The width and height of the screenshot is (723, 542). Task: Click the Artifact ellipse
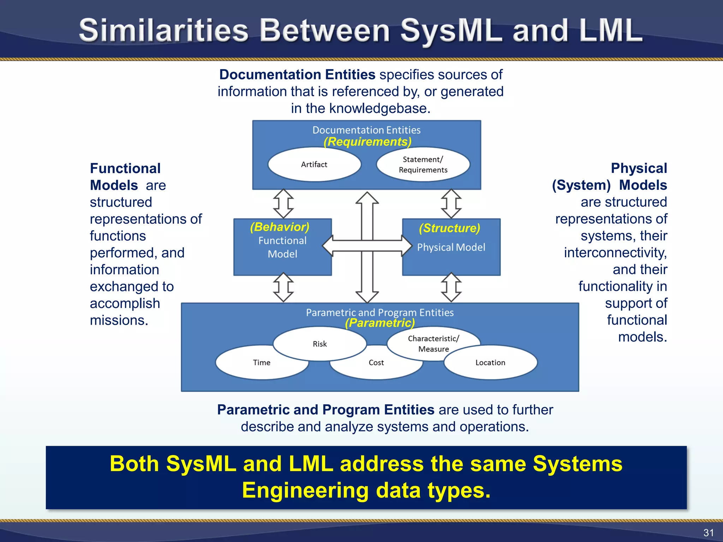[314, 164]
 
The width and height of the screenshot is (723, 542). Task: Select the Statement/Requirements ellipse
[423, 165]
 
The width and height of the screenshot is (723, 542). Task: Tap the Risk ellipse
[319, 344]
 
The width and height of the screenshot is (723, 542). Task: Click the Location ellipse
[490, 363]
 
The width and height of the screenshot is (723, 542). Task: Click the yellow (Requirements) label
[368, 142]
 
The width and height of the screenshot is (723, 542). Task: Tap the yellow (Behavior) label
[280, 227]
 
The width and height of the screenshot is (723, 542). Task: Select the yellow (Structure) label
[449, 228]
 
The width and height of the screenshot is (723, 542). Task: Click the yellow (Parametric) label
[380, 323]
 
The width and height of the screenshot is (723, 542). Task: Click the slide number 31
[708, 532]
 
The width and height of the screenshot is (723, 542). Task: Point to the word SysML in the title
[451, 31]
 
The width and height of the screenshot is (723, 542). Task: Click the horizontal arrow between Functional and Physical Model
[367, 246]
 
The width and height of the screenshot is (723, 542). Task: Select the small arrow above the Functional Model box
[283, 204]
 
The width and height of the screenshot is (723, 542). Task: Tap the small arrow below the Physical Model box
[451, 287]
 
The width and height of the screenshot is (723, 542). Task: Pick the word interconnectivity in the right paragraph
[615, 253]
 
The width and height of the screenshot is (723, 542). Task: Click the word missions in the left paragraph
[119, 320]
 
